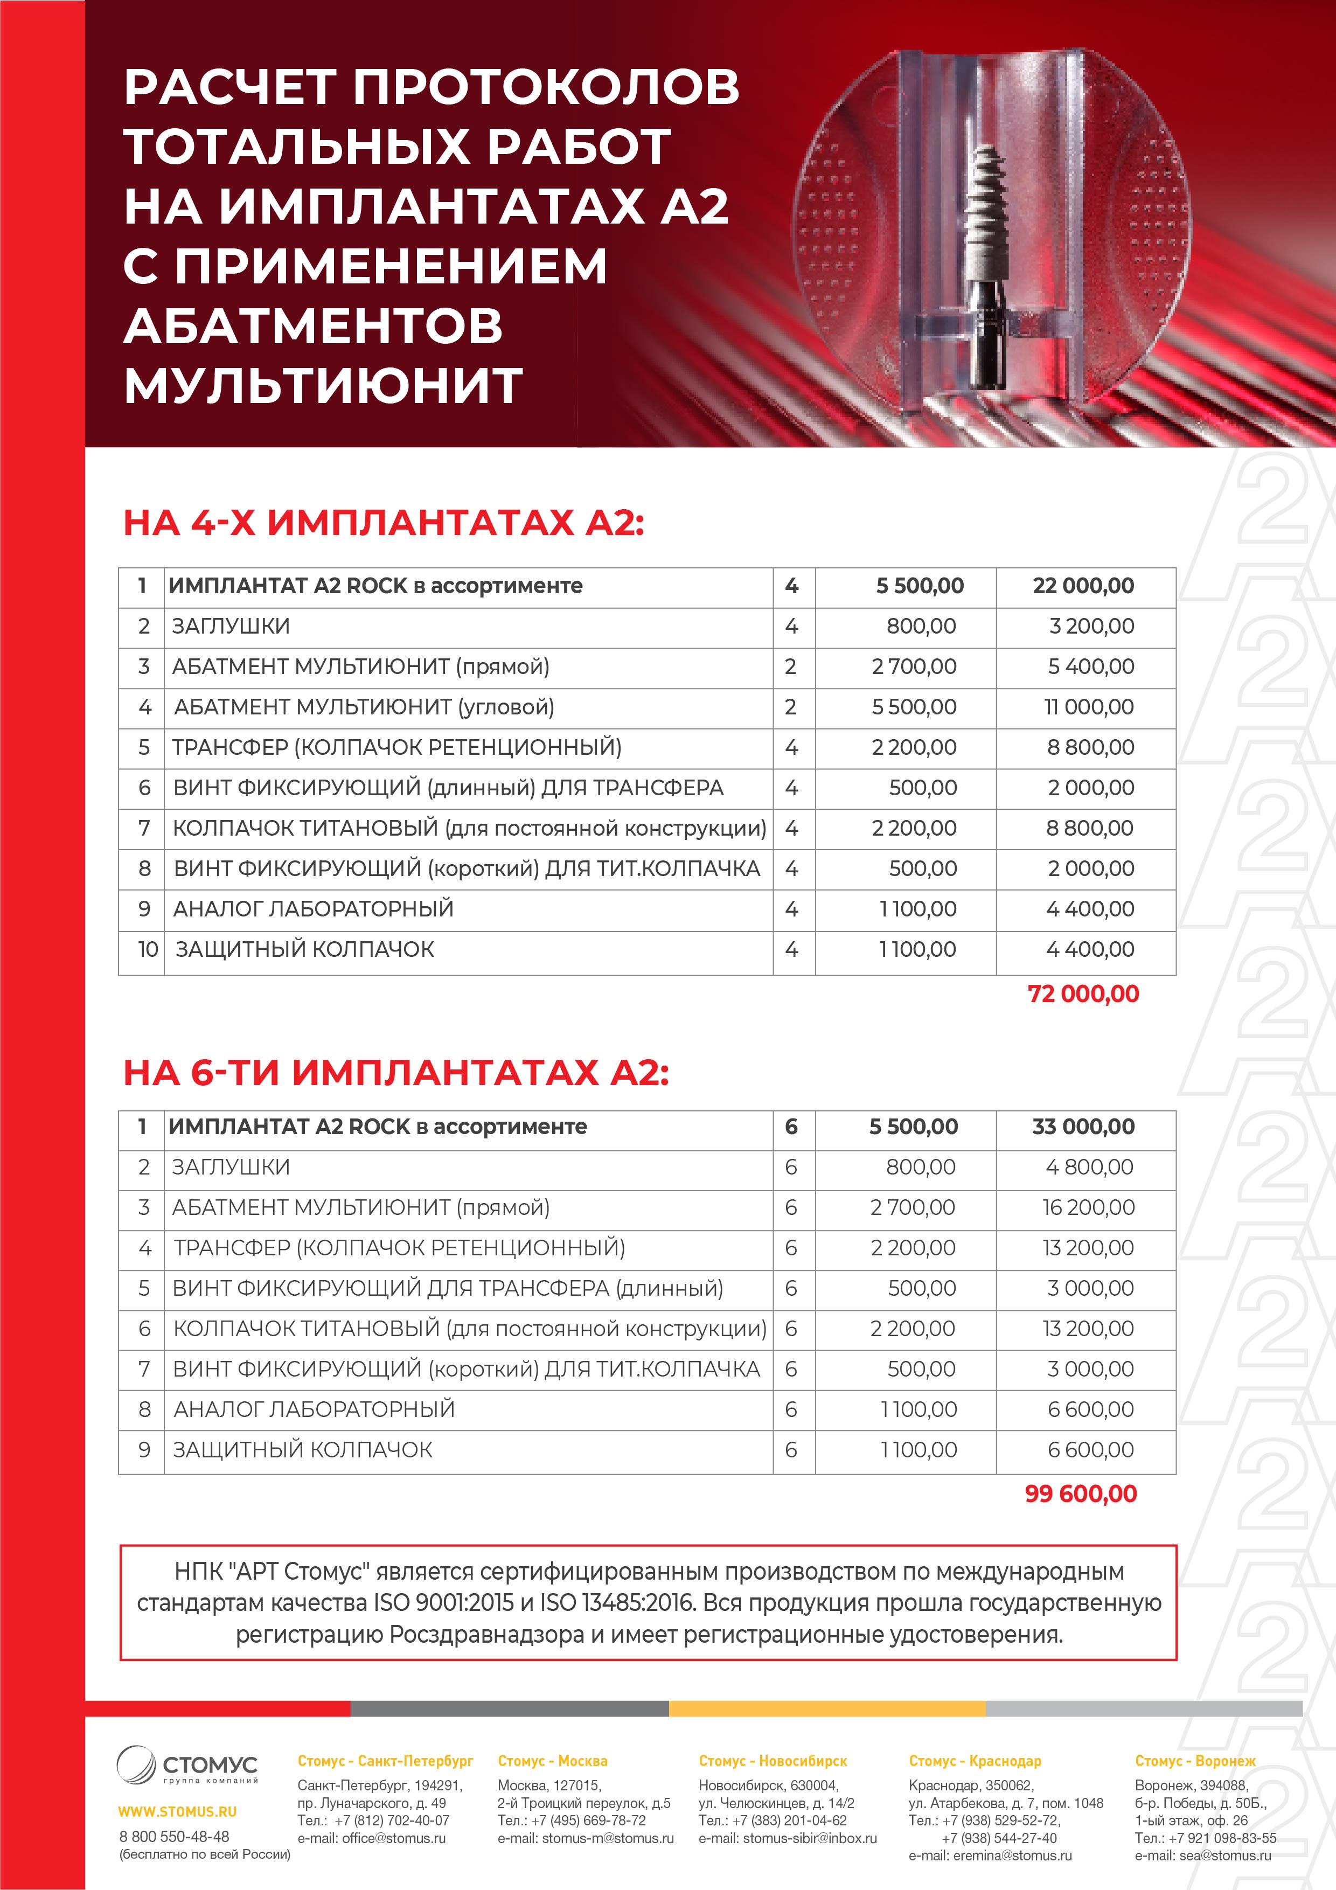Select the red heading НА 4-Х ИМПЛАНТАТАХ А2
383,523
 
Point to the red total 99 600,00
1080,1493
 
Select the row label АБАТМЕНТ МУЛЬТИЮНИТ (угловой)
364,707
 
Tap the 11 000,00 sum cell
1088,707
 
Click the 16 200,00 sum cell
1088,1207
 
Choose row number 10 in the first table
148,949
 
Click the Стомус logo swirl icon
136,1764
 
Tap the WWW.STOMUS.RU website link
177,1811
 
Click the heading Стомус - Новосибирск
772,1761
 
